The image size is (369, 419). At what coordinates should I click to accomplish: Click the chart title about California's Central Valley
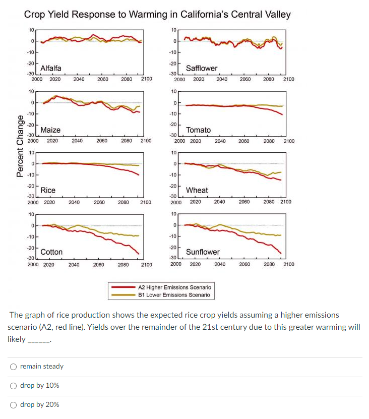[x=157, y=14]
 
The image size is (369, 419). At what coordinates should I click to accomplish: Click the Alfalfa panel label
[x=50, y=68]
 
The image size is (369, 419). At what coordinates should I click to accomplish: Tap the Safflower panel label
[x=202, y=68]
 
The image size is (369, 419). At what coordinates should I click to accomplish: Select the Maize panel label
[x=50, y=130]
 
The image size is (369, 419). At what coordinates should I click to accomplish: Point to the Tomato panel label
[x=198, y=130]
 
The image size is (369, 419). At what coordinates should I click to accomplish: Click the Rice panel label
[x=48, y=190]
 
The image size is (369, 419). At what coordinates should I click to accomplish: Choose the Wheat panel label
[x=197, y=190]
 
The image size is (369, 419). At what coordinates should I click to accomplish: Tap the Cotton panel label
[x=51, y=252]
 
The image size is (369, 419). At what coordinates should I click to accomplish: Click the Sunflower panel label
[x=203, y=252]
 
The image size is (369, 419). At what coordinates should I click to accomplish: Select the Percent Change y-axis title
[x=21, y=146]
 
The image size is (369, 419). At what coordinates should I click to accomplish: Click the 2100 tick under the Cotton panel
[x=146, y=264]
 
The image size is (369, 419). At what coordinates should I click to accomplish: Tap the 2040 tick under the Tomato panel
[x=220, y=141]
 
